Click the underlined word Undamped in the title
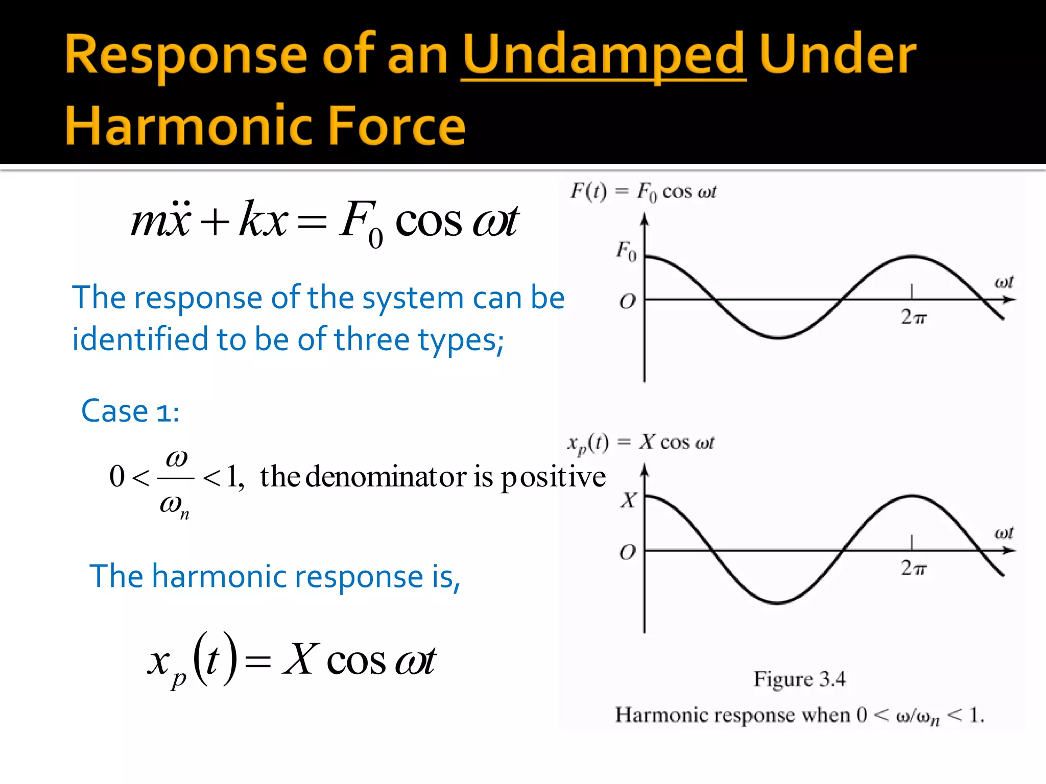pos(603,55)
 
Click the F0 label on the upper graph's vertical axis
pos(626,251)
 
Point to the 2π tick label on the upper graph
pos(913,317)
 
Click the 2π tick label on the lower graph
pos(913,568)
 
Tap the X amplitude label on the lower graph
pos(629,500)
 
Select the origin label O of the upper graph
pos(627,302)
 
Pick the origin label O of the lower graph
pos(627,552)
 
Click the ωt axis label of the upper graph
pos(1004,282)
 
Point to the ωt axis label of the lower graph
pos(1004,533)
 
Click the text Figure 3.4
pos(799,679)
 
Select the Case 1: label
pos(130,411)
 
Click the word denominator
pos(386,477)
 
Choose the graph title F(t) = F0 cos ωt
pos(643,192)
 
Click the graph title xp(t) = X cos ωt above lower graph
pos(640,443)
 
